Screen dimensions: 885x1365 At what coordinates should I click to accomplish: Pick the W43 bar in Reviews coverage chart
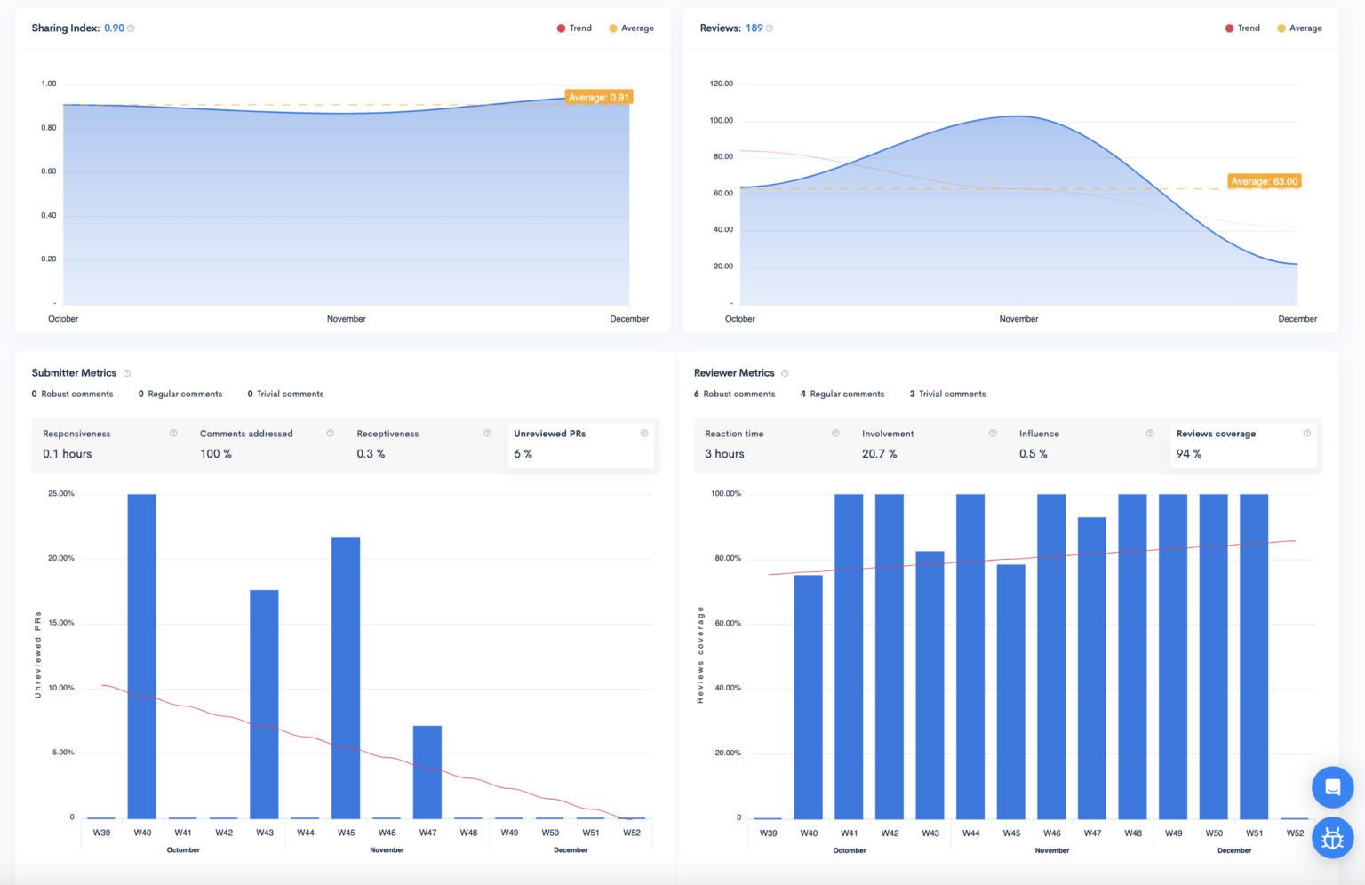(930, 684)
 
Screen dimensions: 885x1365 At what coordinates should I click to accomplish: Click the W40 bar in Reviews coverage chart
(808, 697)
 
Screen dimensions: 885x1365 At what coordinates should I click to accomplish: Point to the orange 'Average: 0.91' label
(598, 98)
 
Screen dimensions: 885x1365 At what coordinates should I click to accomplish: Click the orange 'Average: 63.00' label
(1264, 181)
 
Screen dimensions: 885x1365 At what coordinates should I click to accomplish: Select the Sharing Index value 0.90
(114, 28)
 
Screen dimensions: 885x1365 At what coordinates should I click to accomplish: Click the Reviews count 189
(754, 28)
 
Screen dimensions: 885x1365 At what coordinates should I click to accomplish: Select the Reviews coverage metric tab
(1242, 443)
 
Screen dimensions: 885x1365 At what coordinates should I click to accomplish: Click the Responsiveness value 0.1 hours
(68, 454)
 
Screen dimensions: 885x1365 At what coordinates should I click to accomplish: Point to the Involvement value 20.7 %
(879, 454)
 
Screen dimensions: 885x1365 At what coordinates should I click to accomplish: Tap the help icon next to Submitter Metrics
(127, 373)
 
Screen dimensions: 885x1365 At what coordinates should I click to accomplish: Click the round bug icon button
(1332, 838)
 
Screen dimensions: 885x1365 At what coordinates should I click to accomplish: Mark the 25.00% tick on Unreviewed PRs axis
(61, 494)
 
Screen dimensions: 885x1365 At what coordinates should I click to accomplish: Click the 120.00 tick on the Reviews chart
(721, 84)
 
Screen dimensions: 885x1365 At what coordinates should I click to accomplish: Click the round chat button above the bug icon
(1332, 786)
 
